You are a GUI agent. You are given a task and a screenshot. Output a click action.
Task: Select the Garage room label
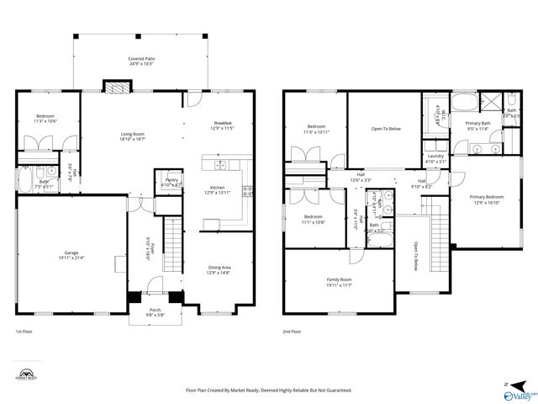71,252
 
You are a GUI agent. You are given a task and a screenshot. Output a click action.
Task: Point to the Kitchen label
217,188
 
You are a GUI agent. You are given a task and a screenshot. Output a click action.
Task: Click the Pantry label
171,180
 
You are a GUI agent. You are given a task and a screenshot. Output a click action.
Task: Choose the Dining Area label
219,268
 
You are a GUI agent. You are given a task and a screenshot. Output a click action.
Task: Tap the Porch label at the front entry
156,310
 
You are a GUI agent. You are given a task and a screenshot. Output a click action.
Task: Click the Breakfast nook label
222,123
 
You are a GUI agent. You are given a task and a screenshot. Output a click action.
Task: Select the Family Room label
339,279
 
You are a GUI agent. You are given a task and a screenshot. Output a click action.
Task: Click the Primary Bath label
478,124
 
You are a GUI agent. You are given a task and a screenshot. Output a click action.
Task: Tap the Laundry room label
435,157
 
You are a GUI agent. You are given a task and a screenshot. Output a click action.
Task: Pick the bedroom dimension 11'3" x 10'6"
45,121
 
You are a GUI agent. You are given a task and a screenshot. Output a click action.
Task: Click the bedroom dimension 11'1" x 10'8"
314,222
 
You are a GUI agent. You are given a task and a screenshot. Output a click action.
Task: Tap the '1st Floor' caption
24,332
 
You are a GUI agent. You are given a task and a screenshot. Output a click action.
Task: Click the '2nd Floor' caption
292,332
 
